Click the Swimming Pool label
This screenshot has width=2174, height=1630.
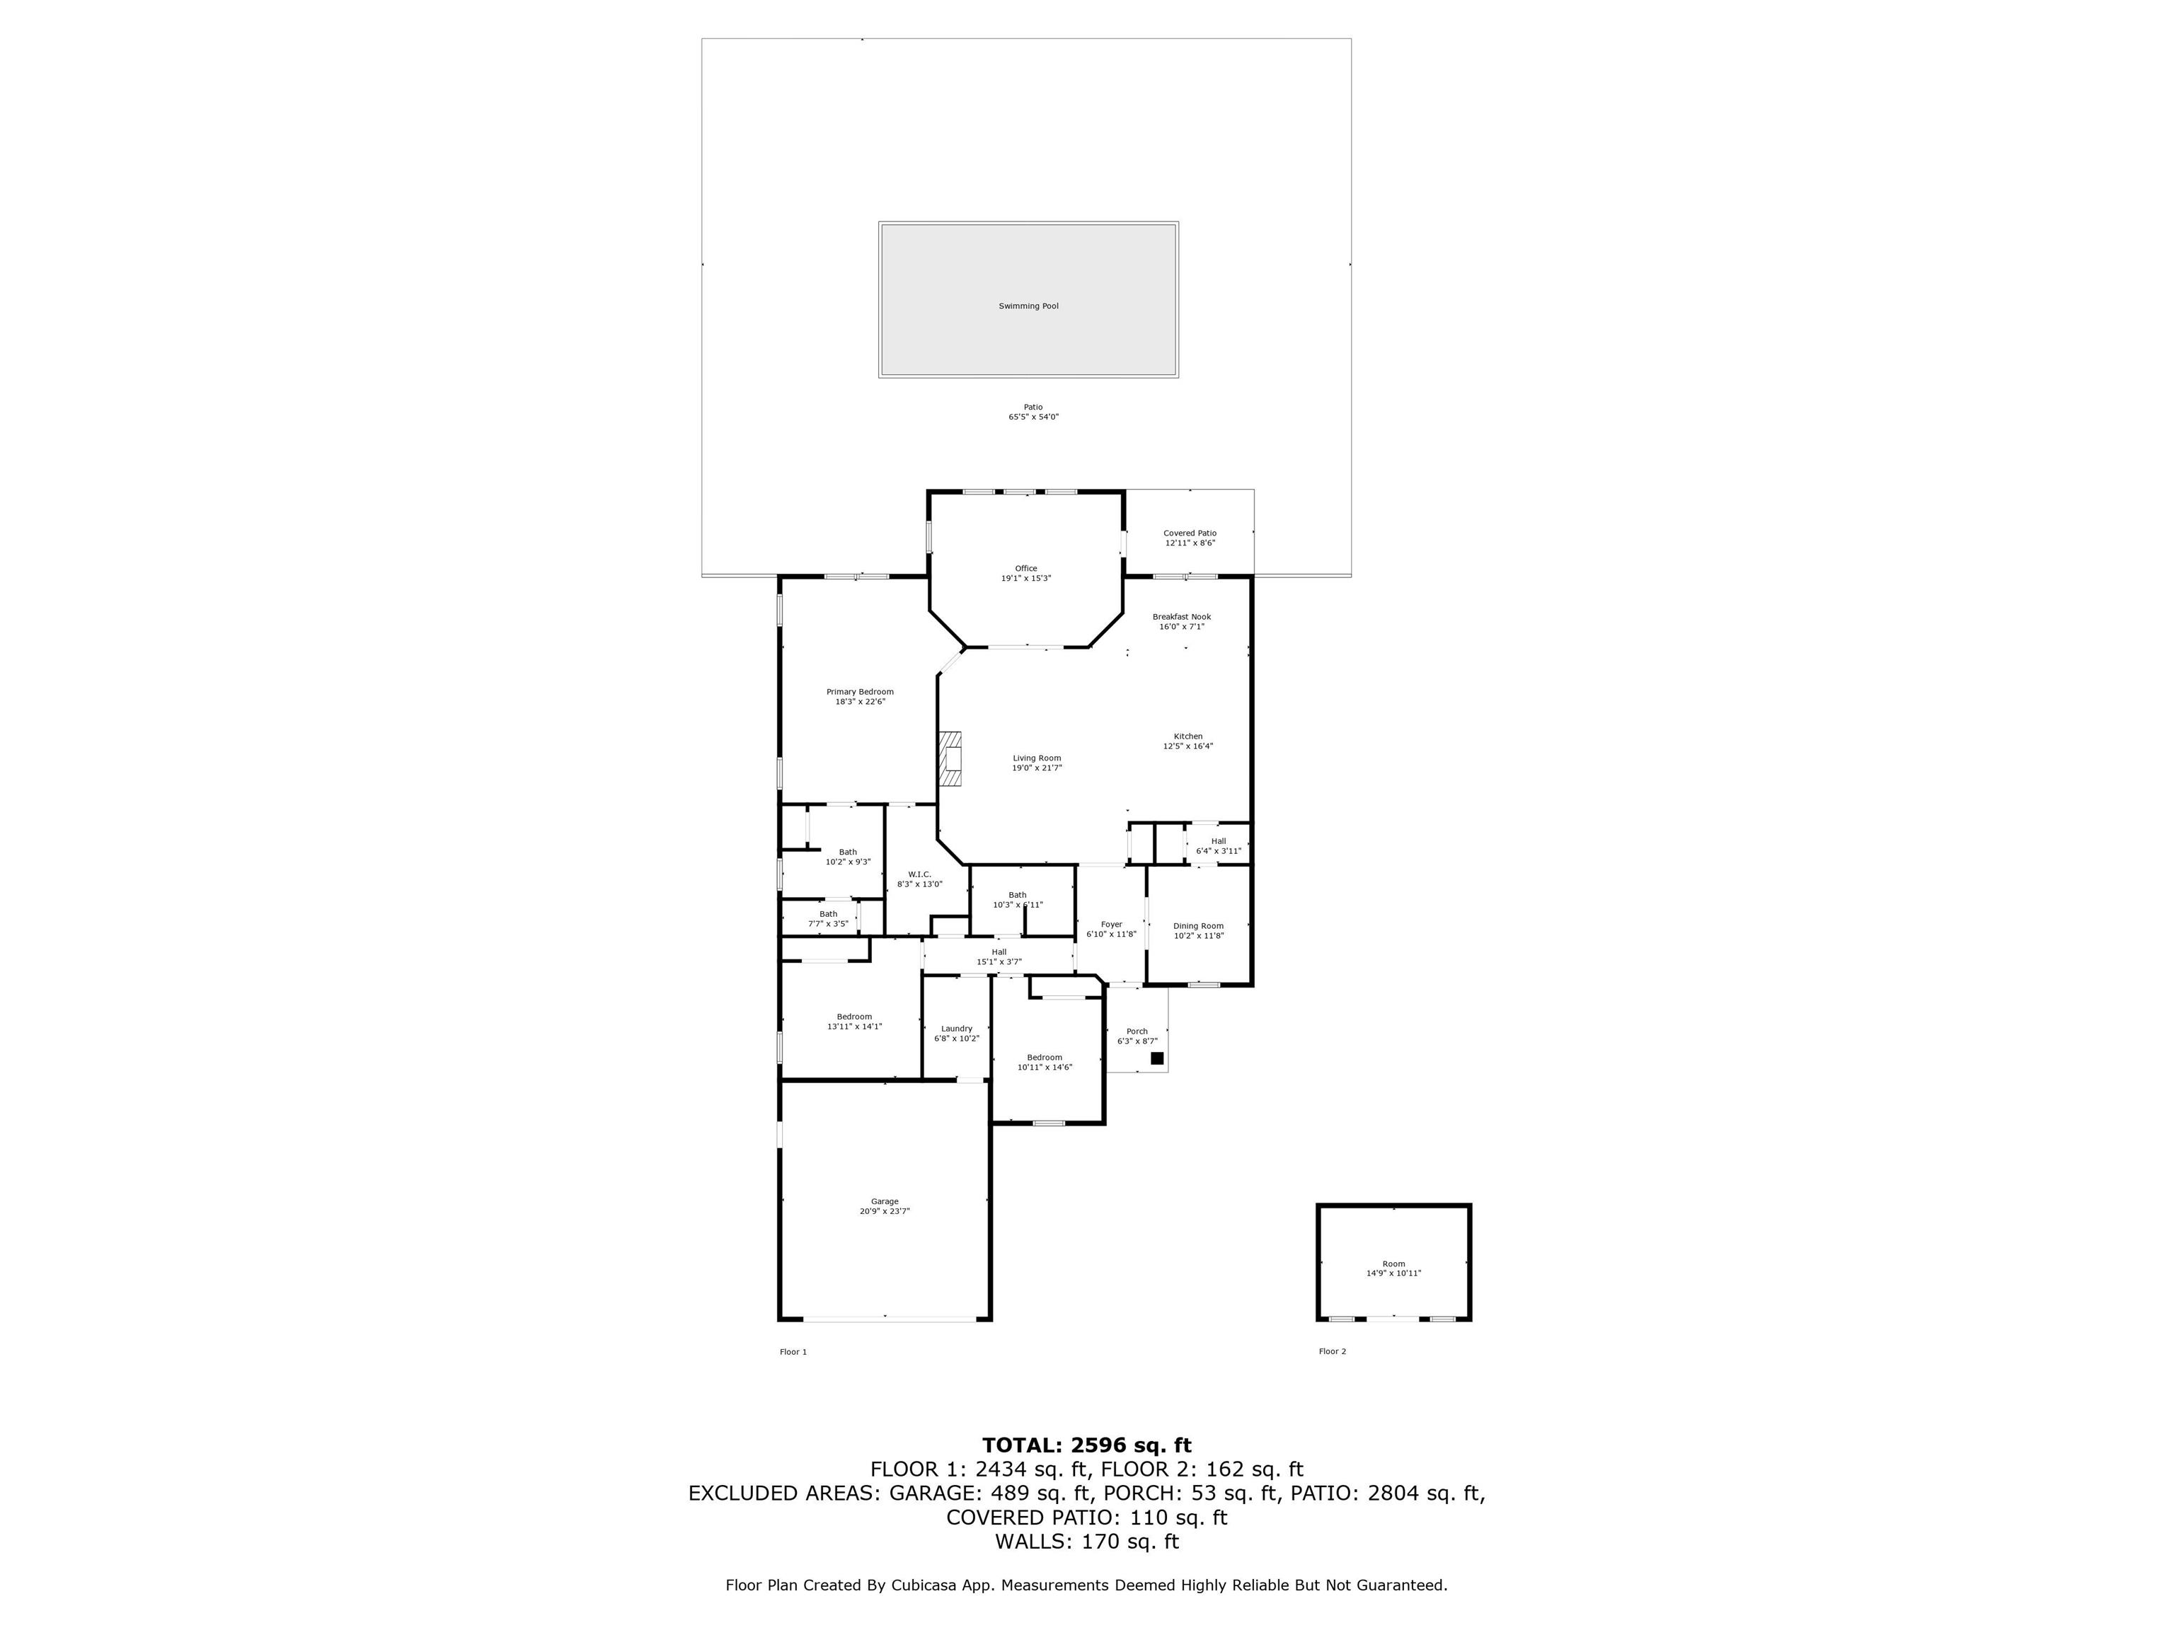click(1028, 306)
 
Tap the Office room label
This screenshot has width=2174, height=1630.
click(1026, 569)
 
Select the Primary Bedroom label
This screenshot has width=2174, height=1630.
click(860, 692)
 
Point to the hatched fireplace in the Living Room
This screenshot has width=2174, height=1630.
click(950, 760)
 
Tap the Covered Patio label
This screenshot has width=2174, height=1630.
click(1190, 533)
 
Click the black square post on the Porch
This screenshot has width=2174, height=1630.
click(1157, 1058)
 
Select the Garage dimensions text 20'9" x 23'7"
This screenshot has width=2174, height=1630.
click(885, 1211)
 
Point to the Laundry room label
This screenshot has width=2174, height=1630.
click(956, 1029)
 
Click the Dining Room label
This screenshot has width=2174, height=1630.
click(1198, 925)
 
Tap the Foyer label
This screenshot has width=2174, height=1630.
click(1112, 925)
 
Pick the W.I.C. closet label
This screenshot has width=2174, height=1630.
click(919, 874)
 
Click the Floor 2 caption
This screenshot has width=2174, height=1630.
click(1332, 1352)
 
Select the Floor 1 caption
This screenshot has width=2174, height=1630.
click(793, 1352)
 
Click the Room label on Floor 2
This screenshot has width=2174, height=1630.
click(1393, 1264)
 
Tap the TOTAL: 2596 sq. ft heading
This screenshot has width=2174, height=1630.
click(1087, 1445)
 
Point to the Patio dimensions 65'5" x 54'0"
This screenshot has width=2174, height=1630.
click(1033, 417)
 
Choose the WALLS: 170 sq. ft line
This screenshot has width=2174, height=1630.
click(1087, 1542)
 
